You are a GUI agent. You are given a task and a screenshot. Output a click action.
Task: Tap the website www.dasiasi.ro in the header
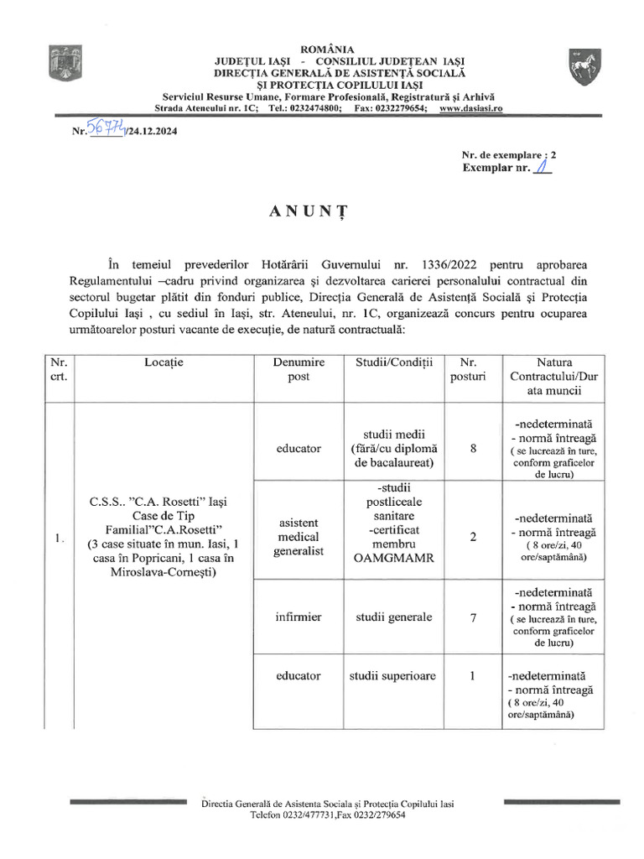[470, 109]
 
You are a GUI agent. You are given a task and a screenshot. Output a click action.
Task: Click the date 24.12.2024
[153, 132]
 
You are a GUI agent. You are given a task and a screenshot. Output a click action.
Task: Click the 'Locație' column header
[163, 362]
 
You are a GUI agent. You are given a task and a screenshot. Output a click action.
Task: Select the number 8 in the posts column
[473, 449]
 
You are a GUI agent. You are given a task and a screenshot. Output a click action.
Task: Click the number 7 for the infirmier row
[473, 617]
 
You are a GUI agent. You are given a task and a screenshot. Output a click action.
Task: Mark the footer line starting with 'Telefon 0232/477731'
[322, 815]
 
